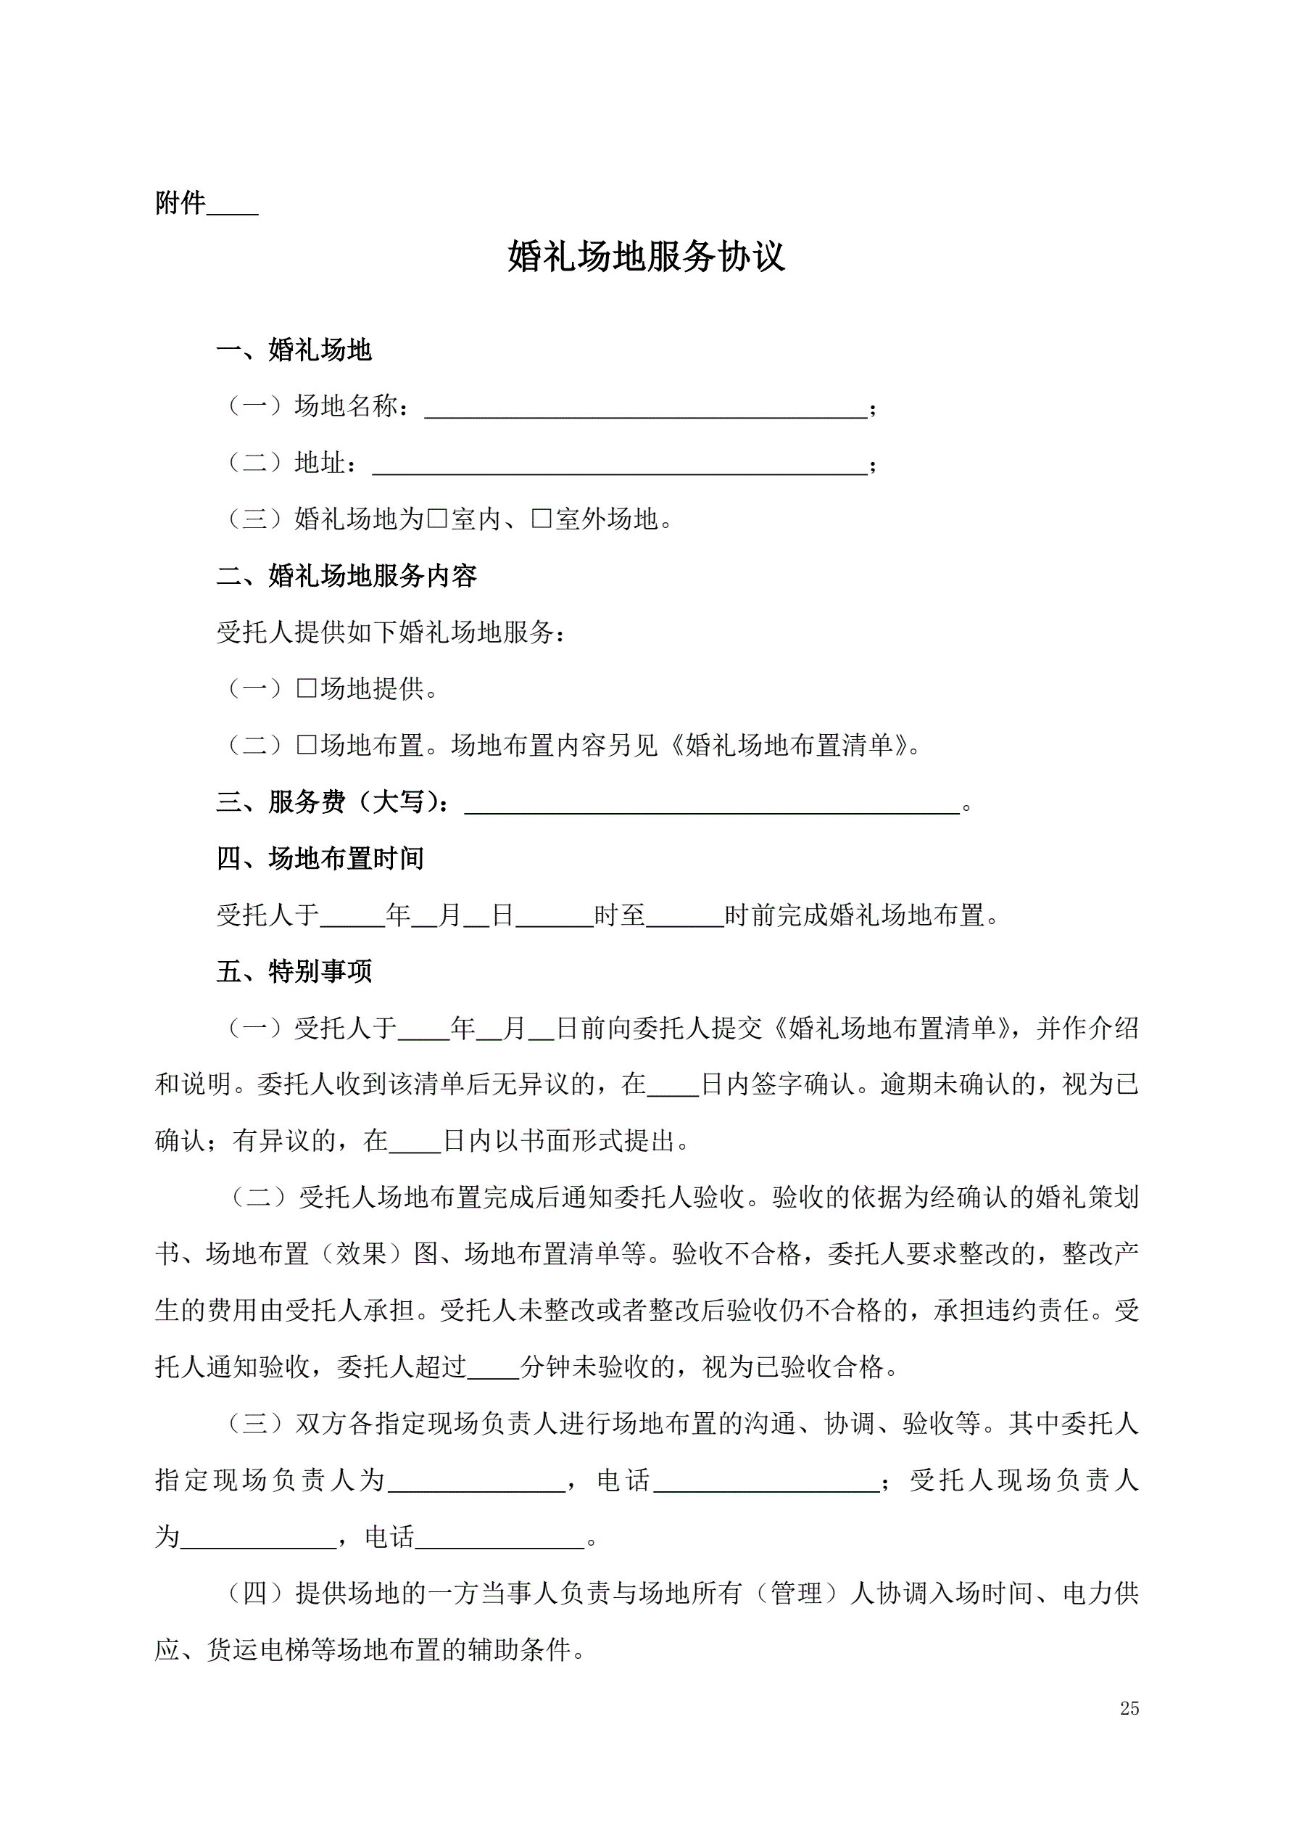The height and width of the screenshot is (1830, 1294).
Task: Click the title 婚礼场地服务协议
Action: (646, 257)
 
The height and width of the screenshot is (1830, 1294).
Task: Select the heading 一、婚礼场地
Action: (294, 350)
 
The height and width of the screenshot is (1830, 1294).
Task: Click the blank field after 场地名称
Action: (645, 408)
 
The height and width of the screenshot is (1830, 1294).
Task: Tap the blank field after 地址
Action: (619, 465)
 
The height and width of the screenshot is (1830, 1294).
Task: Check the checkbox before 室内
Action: (437, 519)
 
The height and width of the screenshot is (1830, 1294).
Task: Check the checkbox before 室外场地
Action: (542, 519)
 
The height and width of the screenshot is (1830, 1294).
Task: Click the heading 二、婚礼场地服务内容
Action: (347, 575)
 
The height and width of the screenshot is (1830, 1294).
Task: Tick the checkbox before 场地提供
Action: (307, 688)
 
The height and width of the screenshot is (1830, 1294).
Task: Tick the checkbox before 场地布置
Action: (307, 745)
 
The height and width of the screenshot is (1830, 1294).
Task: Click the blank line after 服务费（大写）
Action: (712, 804)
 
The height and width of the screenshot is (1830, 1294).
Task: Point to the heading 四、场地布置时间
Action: (320, 858)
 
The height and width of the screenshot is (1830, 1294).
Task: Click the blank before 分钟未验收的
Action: (493, 1368)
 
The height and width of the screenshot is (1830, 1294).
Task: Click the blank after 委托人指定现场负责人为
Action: (476, 1481)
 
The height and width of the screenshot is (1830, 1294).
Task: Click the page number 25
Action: (1129, 1708)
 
